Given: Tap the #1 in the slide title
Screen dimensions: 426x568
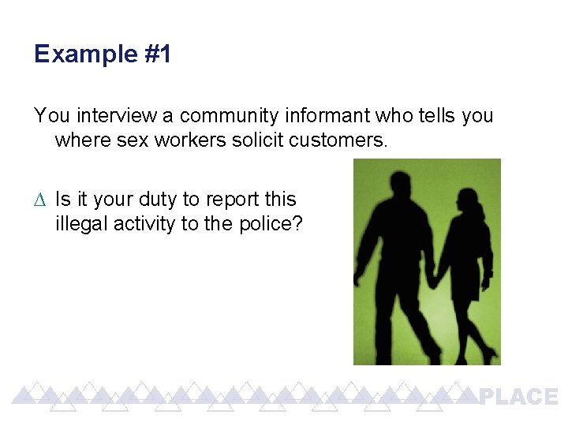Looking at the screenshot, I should point(157,54).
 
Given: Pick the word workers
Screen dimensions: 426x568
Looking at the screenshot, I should point(181,141).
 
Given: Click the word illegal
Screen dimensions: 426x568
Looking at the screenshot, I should point(81,224).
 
